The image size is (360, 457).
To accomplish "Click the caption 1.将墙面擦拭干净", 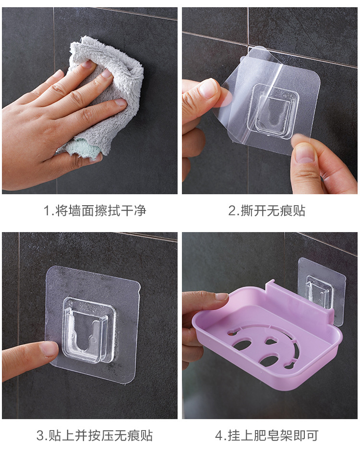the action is tap(95, 211).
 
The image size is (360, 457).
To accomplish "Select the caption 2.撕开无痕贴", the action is tap(267, 211).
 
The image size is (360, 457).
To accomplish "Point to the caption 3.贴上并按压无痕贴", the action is tap(95, 435).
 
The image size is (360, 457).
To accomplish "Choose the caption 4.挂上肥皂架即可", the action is tap(267, 435).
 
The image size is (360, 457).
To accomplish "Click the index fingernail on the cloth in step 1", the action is tap(120, 102).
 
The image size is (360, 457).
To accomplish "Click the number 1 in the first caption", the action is tap(47, 211).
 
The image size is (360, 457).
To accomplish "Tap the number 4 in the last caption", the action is tap(219, 436).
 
